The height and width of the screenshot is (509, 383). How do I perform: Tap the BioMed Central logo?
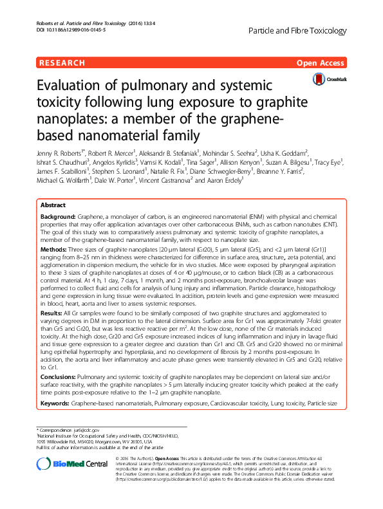pyautogui.click(x=62, y=464)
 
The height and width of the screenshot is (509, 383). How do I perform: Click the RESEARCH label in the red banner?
pyautogui.click(x=62, y=63)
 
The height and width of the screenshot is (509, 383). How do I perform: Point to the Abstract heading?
pyautogui.click(x=53, y=204)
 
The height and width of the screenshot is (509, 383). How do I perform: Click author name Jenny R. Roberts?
pyautogui.click(x=61, y=155)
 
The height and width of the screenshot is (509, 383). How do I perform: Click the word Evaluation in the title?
pyautogui.click(x=66, y=88)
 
